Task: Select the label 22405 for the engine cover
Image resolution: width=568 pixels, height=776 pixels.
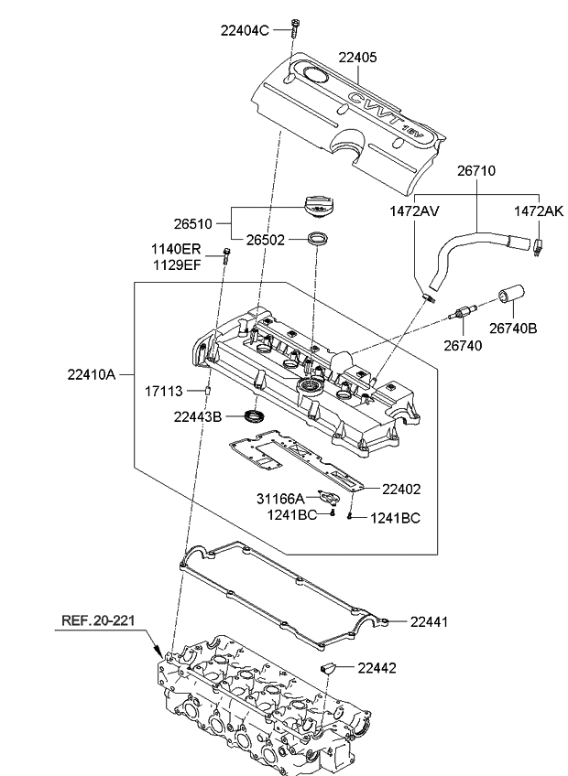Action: coord(357,58)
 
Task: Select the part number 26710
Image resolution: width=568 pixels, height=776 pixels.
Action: coord(475,170)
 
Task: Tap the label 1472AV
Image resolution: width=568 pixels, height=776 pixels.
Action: coord(416,210)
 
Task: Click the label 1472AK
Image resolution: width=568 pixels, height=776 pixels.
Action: coord(538,210)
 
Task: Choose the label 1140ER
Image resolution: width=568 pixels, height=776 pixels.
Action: coord(176,249)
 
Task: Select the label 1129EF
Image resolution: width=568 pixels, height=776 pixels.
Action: coord(176,265)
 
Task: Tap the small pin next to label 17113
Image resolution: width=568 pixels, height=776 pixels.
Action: coord(208,391)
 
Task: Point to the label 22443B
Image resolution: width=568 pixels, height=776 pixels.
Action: coord(198,417)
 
